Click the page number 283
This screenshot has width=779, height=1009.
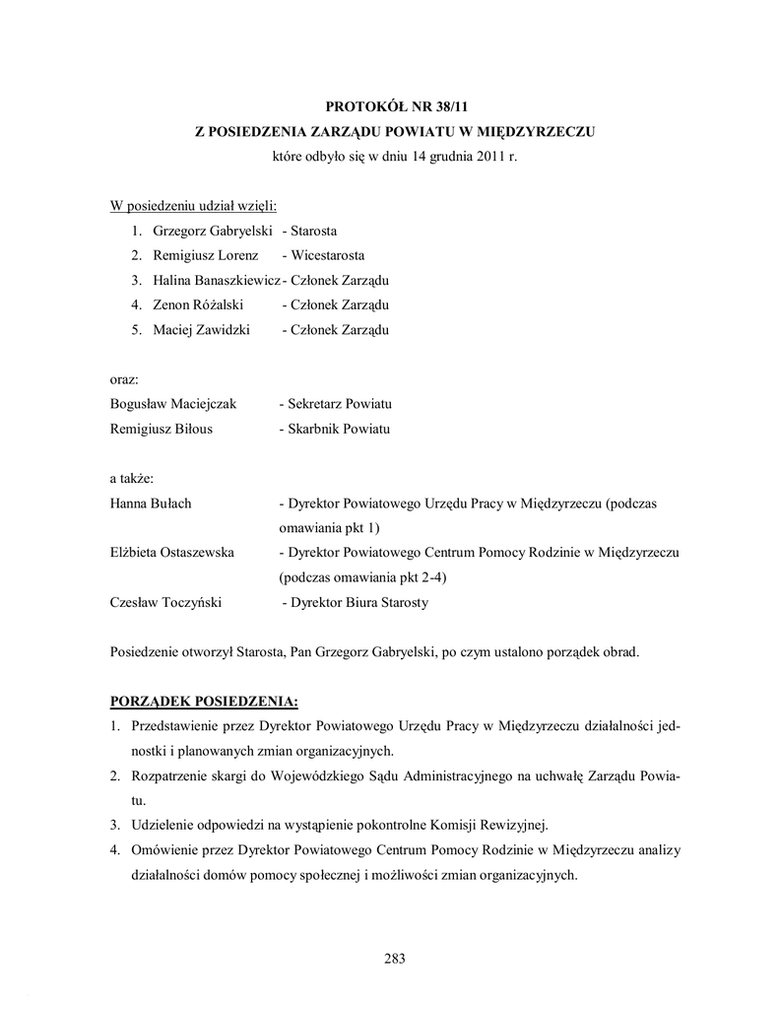pos(395,959)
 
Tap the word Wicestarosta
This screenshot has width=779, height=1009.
pos(329,256)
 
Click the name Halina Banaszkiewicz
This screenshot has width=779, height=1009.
pos(217,281)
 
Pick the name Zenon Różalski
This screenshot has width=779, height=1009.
pos(198,305)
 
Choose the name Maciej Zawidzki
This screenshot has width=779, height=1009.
pos(201,330)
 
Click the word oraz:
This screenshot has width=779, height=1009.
pos(124,379)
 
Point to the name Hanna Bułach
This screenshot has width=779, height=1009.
pos(151,504)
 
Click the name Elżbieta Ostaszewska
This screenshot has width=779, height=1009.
pos(171,553)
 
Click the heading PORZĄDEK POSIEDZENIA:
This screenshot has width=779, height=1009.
pos(203,702)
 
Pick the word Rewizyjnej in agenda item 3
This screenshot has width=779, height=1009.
pos(512,825)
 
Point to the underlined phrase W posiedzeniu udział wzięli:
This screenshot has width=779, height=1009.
pos(193,206)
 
